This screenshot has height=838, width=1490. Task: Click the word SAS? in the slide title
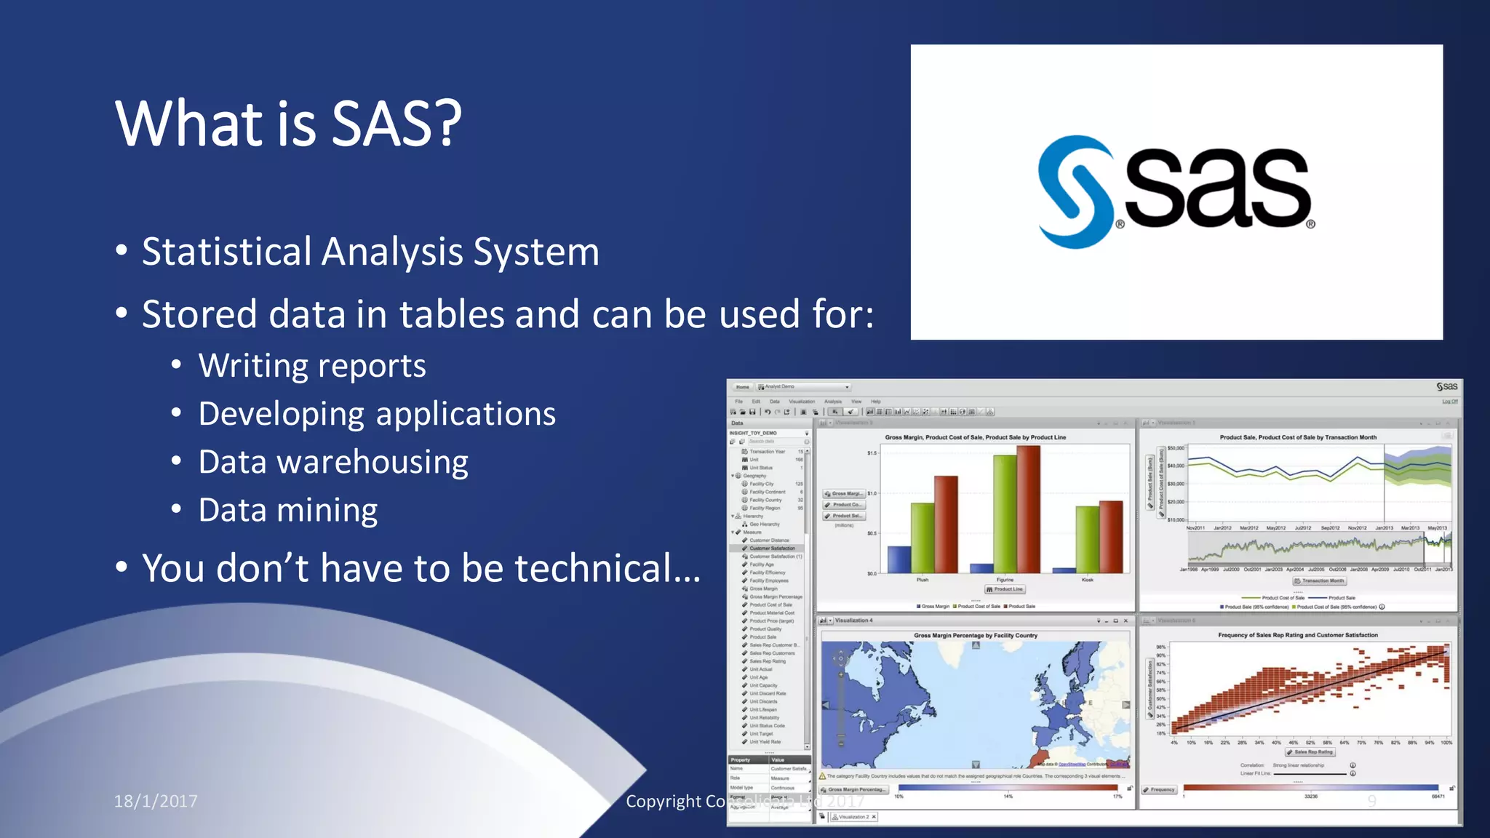coord(397,124)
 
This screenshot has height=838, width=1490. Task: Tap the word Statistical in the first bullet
coord(226,252)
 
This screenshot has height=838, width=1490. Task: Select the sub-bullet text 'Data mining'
coord(288,510)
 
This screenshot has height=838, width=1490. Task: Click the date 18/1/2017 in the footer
coord(156,801)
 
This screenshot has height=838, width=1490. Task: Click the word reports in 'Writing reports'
coord(376,366)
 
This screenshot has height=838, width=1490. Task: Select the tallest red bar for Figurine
coord(1028,509)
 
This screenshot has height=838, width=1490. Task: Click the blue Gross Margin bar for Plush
coord(899,559)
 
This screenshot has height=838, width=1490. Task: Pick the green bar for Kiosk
coord(1087,539)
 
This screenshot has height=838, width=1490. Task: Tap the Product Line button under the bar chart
coord(1005,589)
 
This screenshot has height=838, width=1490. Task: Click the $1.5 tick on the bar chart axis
coord(872,452)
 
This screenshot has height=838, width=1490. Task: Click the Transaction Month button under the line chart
coord(1319,580)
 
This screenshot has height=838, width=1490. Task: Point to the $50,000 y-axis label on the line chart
coord(1176,448)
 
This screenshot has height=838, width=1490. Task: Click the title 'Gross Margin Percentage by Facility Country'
coord(975,635)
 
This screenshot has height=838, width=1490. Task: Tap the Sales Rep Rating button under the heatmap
coord(1310,752)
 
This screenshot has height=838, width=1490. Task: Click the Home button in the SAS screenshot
coord(742,387)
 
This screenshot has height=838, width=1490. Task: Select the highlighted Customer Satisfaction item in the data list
coord(771,548)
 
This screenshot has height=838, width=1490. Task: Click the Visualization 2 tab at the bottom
coord(853,817)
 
